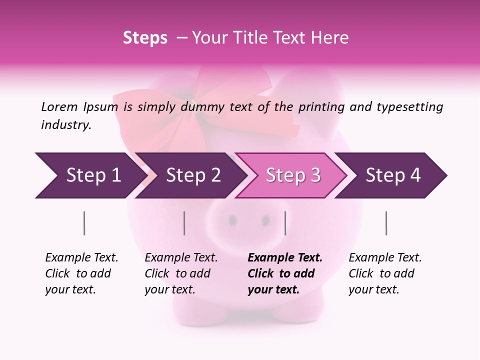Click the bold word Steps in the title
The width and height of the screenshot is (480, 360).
click(x=145, y=38)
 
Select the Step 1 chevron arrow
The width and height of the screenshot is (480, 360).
click(x=90, y=175)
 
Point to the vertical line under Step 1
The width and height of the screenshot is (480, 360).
click(x=84, y=223)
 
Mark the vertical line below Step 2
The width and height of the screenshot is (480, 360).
click(x=184, y=223)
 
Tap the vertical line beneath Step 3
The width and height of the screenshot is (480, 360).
click(x=285, y=223)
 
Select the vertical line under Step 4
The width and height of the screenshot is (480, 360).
click(x=386, y=223)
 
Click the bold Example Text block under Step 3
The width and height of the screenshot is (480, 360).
click(x=284, y=273)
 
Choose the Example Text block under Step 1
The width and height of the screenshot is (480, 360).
click(x=81, y=273)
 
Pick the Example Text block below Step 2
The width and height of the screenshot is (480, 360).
click(x=180, y=273)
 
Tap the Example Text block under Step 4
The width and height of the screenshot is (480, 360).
click(x=384, y=273)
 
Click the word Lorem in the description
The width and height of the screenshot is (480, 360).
click(x=59, y=106)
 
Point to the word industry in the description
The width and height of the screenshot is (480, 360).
click(x=65, y=125)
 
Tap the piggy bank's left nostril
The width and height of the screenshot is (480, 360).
click(x=233, y=220)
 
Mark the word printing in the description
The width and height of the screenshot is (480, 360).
click(x=321, y=107)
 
